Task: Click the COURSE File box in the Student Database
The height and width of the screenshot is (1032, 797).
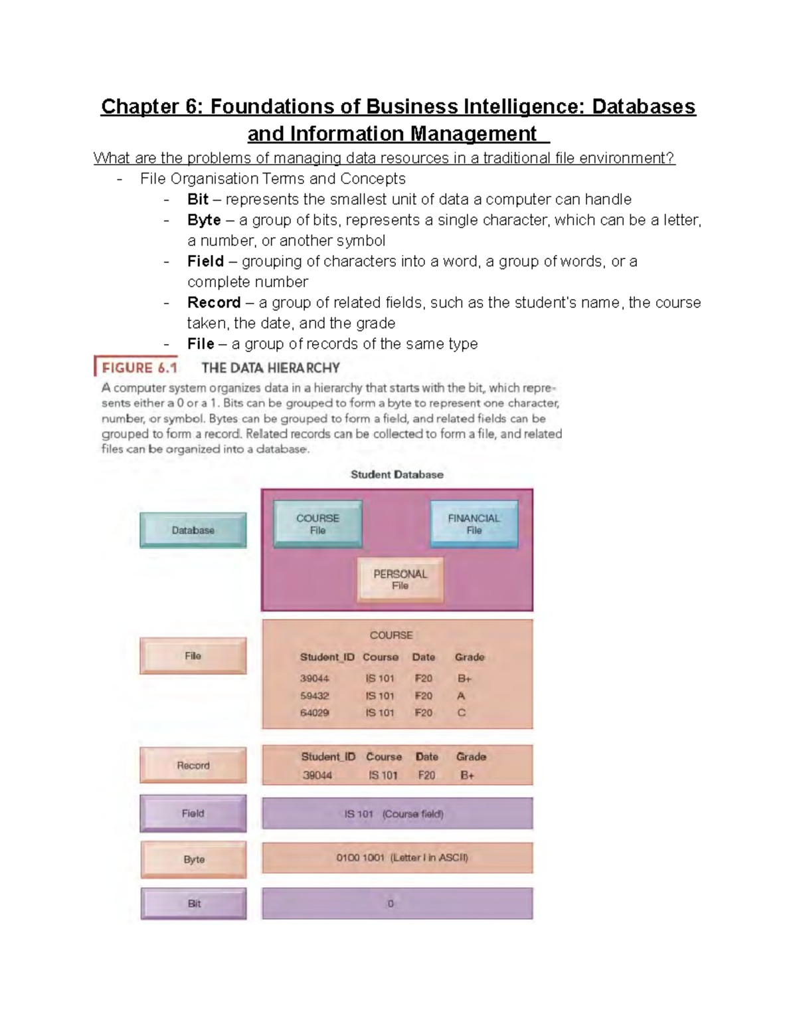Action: click(317, 524)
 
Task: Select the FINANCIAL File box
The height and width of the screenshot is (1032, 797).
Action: click(474, 524)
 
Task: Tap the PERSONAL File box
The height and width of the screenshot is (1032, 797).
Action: click(400, 579)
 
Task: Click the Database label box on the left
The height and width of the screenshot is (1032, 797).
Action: click(193, 530)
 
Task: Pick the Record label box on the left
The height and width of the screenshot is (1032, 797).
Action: click(193, 766)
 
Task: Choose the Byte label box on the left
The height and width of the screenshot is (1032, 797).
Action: click(193, 859)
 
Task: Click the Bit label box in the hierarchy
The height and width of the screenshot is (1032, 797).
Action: click(193, 904)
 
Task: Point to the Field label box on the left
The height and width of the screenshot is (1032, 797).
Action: click(193, 813)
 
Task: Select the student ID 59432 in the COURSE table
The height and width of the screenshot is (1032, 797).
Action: click(314, 696)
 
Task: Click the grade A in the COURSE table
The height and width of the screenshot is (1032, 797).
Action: click(461, 696)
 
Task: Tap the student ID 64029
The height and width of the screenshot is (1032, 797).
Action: click(314, 712)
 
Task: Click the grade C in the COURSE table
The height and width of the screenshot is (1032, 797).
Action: click(461, 712)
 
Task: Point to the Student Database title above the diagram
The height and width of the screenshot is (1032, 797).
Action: click(397, 474)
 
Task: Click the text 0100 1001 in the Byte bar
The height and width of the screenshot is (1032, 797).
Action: click(360, 858)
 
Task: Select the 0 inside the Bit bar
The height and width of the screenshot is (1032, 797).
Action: click(391, 904)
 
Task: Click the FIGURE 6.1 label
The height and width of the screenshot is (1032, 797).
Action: click(139, 367)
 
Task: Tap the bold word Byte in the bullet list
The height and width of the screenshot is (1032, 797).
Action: click(204, 220)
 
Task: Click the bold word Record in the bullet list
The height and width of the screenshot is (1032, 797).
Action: click(214, 302)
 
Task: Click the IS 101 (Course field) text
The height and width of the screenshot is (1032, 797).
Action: click(394, 814)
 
